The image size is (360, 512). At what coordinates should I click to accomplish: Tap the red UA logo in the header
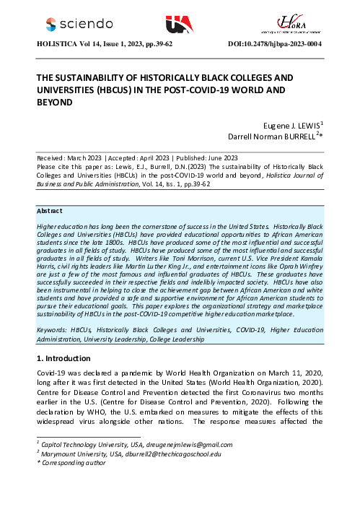click(x=179, y=25)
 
